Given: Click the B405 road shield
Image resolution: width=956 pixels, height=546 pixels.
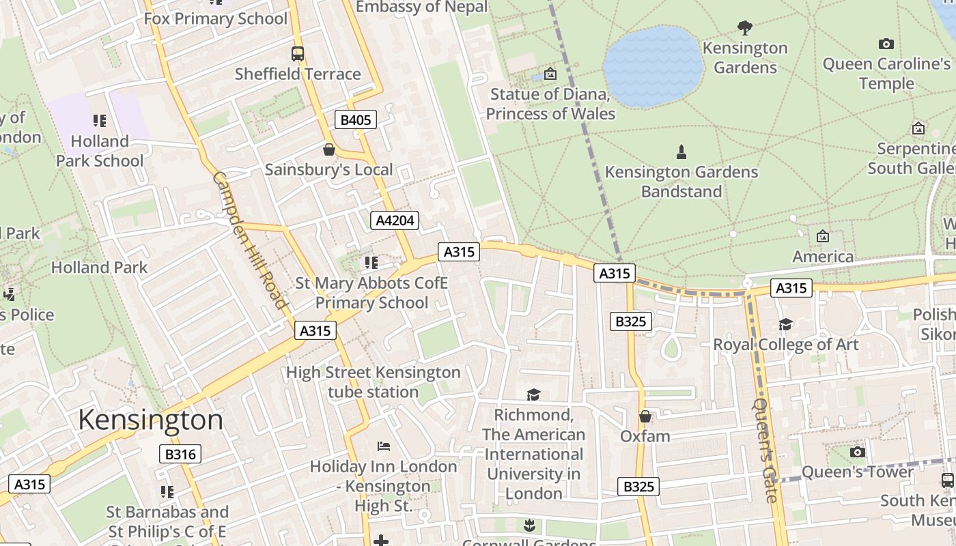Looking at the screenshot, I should [356, 120].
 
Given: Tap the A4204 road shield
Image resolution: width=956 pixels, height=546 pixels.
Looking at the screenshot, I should [394, 220].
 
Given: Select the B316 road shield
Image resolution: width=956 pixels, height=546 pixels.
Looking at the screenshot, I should [180, 454].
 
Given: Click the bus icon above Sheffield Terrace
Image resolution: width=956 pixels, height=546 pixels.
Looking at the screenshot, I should [297, 54].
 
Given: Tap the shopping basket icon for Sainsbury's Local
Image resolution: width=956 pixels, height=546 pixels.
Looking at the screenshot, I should [329, 149].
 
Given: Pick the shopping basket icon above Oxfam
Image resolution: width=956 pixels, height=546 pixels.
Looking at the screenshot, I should [645, 416].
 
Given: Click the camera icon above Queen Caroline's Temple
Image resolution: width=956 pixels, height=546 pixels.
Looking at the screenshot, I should [886, 44].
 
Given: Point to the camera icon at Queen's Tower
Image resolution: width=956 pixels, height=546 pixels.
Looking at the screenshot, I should [857, 452].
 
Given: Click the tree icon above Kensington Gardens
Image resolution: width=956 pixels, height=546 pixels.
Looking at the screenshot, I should [744, 28].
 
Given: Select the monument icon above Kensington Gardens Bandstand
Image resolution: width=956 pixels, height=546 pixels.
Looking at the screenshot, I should [681, 152].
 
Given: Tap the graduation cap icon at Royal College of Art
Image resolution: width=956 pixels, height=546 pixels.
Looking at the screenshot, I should [785, 324].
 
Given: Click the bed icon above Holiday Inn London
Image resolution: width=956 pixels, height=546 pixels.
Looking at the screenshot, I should [383, 446].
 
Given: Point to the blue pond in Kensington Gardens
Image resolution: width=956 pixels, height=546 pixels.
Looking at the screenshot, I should [653, 66].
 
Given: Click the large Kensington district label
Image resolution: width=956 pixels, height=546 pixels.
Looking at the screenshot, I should [150, 419].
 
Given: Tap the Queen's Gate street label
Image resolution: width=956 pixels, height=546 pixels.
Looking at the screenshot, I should [765, 450].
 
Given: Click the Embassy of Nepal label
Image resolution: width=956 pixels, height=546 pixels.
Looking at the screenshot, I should [422, 8].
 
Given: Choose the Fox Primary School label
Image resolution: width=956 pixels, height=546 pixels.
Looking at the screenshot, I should [215, 18].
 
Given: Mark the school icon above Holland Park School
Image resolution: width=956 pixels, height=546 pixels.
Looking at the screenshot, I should [100, 121].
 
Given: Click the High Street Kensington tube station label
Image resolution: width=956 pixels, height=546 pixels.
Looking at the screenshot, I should [373, 382].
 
